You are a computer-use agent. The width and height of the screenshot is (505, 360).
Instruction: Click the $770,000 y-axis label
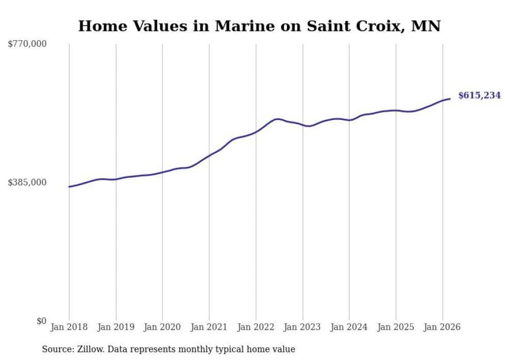point(27,44)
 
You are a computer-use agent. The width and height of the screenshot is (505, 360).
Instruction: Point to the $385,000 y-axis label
point(27,182)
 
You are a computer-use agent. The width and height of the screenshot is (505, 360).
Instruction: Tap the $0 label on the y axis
point(41,321)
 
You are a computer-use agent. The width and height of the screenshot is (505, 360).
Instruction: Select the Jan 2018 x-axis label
point(69,327)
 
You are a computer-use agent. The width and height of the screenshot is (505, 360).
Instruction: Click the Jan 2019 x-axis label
point(116,327)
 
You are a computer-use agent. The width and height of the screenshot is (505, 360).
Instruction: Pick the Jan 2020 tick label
point(162,327)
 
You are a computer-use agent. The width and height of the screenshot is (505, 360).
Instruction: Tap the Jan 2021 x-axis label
point(209,327)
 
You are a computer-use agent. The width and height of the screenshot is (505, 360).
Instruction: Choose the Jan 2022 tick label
point(256,327)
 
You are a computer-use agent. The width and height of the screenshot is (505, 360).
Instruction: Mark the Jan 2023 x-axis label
point(302,327)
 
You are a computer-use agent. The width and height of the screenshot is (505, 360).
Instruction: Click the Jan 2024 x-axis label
point(349,327)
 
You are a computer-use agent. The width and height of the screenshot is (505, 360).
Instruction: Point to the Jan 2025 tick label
point(396,327)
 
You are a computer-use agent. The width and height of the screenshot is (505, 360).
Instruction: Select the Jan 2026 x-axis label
point(443,327)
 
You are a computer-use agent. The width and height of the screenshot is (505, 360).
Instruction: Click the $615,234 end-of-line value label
point(479,95)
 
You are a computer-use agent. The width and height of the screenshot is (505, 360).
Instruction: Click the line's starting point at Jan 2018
point(69,186)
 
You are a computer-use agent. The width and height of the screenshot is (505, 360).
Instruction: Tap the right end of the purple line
point(450,99)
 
